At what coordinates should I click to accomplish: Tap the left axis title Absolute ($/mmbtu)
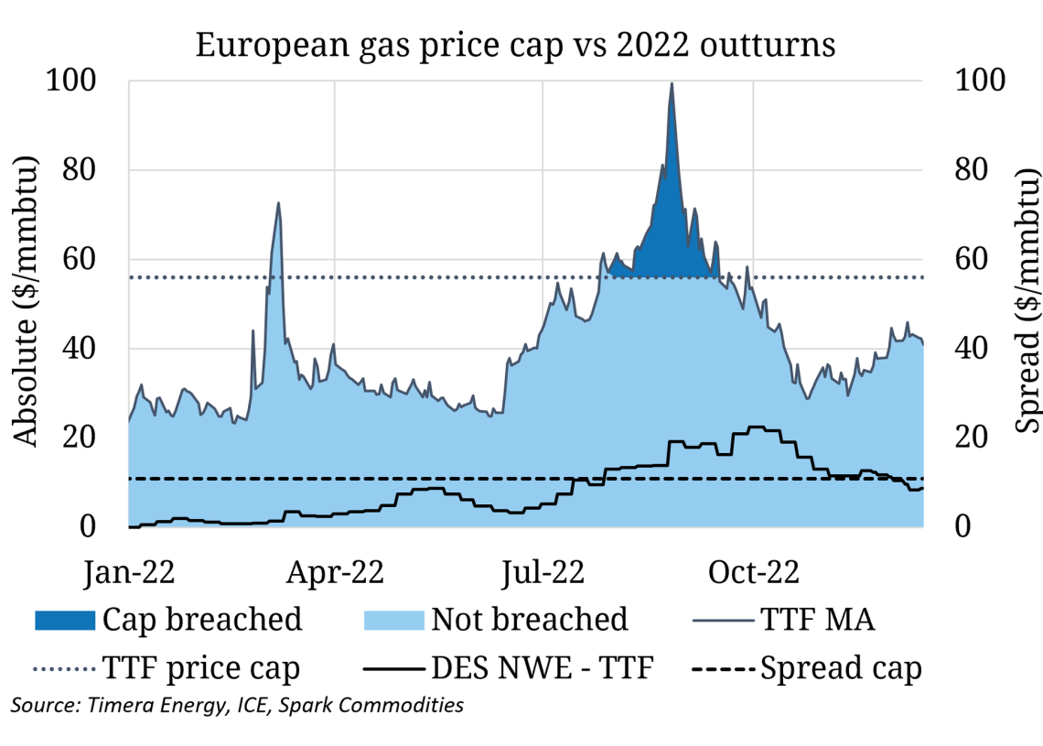point(27,303)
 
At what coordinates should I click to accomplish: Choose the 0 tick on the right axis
point(962,527)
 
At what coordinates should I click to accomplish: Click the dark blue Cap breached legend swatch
point(64,620)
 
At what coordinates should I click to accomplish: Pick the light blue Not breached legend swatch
point(394,620)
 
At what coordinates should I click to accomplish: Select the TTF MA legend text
point(817,620)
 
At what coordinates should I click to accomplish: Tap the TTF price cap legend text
point(202,669)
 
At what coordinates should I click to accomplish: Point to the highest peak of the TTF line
point(672,83)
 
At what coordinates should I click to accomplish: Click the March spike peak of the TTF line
point(278,203)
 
